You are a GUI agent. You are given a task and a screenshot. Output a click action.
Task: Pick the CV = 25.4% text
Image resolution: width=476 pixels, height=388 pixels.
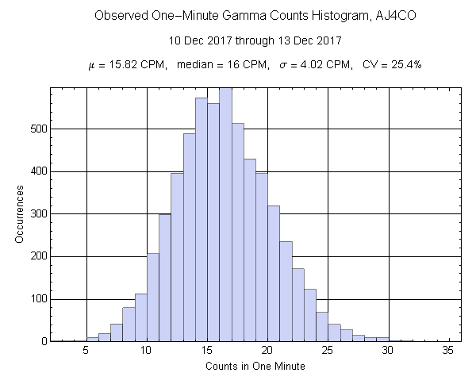tap(391, 64)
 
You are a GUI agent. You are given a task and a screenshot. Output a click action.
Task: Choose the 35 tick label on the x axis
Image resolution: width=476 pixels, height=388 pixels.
tap(448, 350)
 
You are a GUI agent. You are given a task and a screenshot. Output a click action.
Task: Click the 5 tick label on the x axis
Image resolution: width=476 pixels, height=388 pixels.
tap(86, 350)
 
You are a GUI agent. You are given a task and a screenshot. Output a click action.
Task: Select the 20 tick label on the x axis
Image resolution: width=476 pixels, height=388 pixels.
tap(267, 350)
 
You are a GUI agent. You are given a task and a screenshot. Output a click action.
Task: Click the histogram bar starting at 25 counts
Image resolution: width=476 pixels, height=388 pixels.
tap(334, 332)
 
